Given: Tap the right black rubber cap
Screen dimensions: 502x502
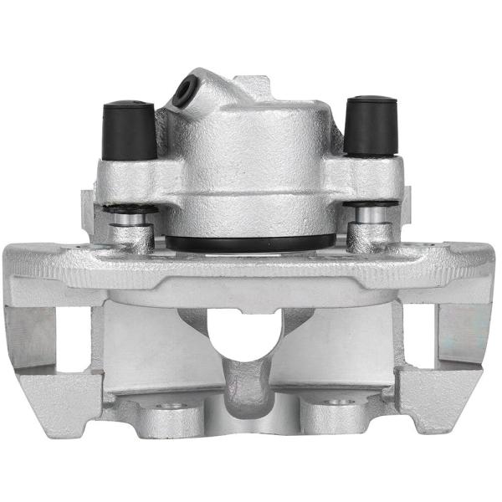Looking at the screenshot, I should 370,125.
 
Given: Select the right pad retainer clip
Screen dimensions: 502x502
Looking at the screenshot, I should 465,333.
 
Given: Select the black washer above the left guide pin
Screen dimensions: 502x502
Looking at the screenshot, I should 129,207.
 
